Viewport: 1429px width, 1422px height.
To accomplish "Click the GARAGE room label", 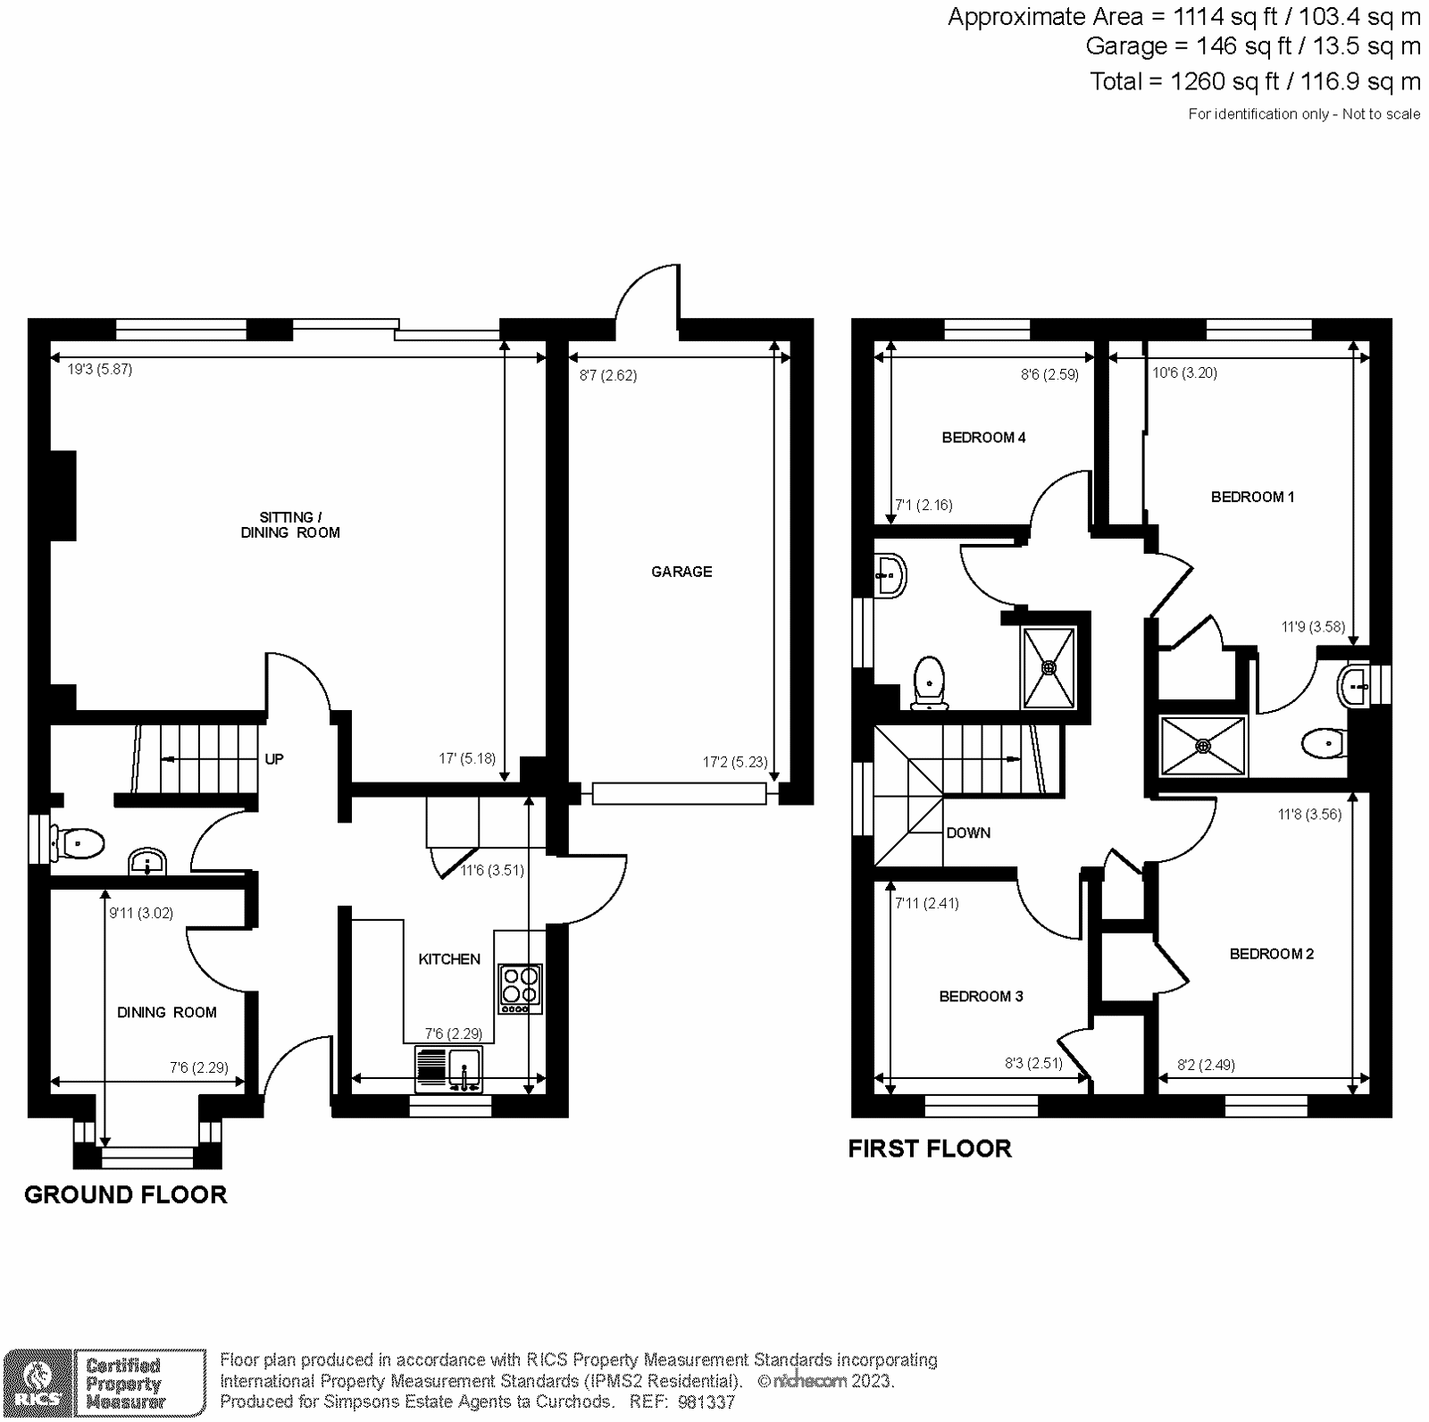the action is (x=681, y=572).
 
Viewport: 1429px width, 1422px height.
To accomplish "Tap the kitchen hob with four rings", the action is (x=521, y=988).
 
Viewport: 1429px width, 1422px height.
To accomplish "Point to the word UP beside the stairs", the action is (x=274, y=759).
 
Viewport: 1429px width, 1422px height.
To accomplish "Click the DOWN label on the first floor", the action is (x=968, y=832).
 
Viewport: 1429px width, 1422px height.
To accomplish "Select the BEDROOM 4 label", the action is (x=983, y=438).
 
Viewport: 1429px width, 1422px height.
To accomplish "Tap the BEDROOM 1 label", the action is (x=1252, y=497).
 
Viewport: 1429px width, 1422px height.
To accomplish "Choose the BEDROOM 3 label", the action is (x=981, y=996).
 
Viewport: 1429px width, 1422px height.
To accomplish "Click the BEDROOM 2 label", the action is (x=1272, y=954).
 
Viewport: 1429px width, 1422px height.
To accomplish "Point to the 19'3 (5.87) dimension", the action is (x=100, y=369).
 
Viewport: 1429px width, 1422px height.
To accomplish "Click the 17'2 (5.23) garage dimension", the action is (x=735, y=762).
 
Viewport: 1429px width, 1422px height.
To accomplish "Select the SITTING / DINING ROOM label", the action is (x=290, y=525).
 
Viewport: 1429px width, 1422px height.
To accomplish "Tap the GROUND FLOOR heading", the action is (x=126, y=1195).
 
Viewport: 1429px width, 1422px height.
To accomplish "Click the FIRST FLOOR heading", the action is (x=930, y=1149).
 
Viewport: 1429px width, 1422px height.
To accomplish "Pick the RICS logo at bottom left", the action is (x=37, y=1384).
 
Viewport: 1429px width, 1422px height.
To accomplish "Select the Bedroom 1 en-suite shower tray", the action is (x=1202, y=746).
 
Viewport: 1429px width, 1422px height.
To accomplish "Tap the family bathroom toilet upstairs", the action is (x=930, y=683).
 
